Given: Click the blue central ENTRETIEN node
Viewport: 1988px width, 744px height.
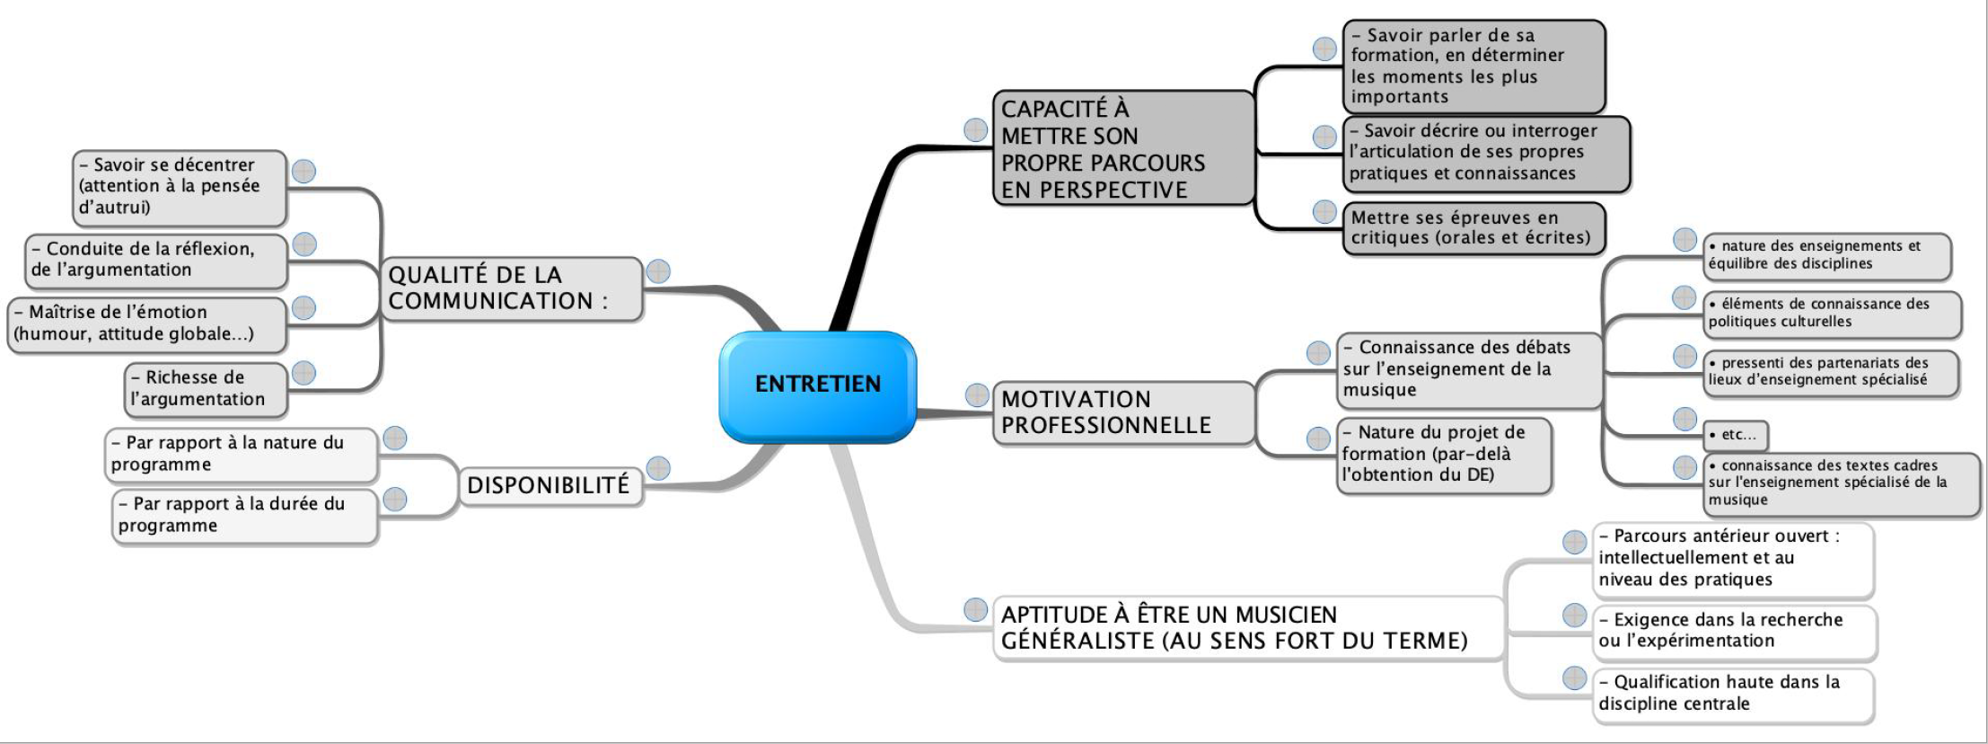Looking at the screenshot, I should click(x=817, y=385).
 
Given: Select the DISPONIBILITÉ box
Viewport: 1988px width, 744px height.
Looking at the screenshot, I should click(x=549, y=485).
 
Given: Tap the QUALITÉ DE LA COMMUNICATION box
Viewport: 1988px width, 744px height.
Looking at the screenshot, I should click(x=510, y=288).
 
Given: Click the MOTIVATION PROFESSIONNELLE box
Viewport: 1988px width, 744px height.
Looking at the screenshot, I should click(x=1122, y=412).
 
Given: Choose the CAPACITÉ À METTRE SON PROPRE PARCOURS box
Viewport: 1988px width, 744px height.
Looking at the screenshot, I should click(x=1122, y=149).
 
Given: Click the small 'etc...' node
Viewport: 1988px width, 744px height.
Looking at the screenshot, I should click(x=1737, y=435).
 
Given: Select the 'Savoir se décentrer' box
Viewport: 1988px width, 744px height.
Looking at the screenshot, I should click(x=178, y=187).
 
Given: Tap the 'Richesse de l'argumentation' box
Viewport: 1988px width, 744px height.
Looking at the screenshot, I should click(x=206, y=388).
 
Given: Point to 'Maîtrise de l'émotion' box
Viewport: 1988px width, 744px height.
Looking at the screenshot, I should click(x=145, y=323).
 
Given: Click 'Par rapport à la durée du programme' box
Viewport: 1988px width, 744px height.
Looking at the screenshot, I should click(x=244, y=515).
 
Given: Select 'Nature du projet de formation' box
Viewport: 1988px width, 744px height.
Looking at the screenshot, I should click(x=1443, y=454).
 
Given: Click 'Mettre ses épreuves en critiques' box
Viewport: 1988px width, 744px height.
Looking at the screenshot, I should click(x=1473, y=228).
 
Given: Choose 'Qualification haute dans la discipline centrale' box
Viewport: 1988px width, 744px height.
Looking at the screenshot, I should click(x=1733, y=693).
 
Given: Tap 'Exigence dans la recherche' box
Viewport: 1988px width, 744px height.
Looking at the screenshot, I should click(x=1733, y=631).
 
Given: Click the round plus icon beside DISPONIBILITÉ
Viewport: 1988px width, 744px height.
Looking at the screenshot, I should click(x=658, y=468).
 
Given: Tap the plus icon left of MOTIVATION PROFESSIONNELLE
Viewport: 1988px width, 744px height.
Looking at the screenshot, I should click(x=977, y=394).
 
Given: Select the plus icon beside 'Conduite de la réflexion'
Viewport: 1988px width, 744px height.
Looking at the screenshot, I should click(x=304, y=244).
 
